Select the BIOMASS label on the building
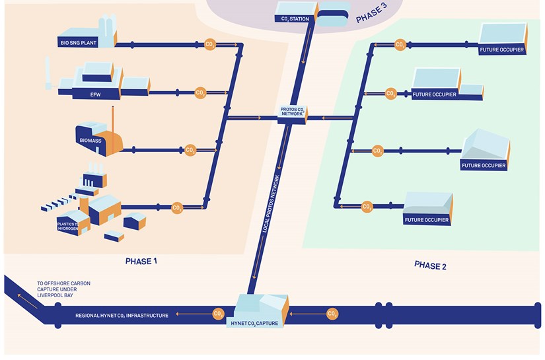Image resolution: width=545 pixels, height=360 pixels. [92, 141]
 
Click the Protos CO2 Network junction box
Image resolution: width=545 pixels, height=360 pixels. [291, 112]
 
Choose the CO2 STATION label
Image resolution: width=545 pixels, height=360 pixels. [294, 18]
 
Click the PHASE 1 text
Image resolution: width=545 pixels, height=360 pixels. [141, 262]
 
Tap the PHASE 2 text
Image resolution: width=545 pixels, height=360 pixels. [430, 266]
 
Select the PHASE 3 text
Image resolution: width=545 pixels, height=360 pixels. [371, 15]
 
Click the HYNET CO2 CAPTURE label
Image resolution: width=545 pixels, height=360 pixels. [260, 323]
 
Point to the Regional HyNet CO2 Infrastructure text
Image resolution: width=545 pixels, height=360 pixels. [122, 315]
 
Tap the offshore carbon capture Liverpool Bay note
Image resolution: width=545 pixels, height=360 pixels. [63, 289]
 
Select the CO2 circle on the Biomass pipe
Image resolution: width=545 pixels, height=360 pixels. [190, 151]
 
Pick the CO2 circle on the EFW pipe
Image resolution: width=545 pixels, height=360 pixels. [200, 93]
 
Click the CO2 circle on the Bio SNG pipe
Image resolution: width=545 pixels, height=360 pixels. [210, 44]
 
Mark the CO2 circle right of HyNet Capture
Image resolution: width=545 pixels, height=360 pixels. [332, 314]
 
